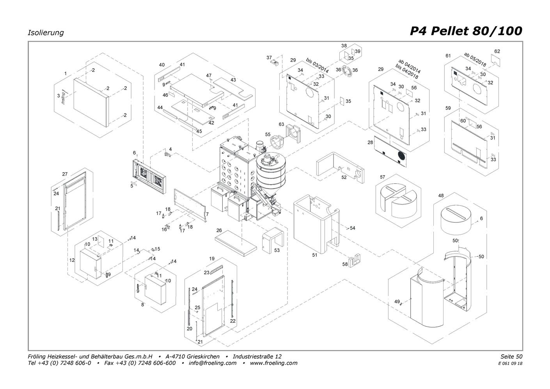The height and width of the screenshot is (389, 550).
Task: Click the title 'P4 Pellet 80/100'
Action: pos(466,31)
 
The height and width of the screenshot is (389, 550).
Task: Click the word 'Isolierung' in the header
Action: pos(46,33)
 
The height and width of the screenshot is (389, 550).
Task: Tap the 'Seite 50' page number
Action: pos(511,356)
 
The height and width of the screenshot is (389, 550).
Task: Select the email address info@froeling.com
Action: pos(213,363)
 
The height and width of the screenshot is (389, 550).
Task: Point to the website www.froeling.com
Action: pos(273,363)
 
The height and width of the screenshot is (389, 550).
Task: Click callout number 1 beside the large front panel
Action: pos(66,73)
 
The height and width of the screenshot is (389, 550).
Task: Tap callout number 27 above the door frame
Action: pos(65,174)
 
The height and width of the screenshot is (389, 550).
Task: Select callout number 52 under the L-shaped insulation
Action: pos(344,178)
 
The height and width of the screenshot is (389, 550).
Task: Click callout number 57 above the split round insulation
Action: pos(382,177)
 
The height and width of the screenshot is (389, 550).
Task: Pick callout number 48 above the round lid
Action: pos(441,195)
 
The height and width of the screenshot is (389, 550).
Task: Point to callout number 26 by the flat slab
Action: pos(219,231)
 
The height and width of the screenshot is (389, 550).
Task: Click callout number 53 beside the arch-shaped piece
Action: pos(277,250)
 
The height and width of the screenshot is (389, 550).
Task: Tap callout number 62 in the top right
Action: pos(497,51)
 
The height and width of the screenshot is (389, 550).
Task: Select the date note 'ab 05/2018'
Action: pos(475,59)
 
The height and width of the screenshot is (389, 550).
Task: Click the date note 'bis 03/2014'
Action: pos(317,66)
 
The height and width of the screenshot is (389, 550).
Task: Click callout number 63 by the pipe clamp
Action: pos(281,124)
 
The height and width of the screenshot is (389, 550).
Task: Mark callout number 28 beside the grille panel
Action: pos(370,143)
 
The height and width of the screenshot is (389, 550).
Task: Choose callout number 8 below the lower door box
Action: pos(143,304)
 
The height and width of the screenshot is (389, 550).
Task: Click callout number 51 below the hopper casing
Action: pos(315,255)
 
